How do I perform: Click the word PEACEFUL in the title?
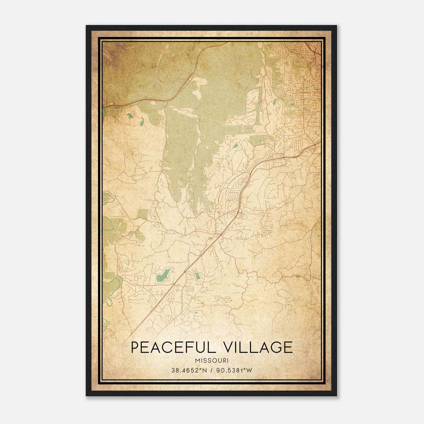pyautogui.click(x=173, y=347)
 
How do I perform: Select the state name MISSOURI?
pyautogui.click(x=212, y=360)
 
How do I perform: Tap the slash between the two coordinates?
pyautogui.click(x=211, y=370)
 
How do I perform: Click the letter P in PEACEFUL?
pyautogui.click(x=135, y=347)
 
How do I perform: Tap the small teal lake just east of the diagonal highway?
pyautogui.click(x=197, y=276)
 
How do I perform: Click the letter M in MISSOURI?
pyautogui.click(x=197, y=360)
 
